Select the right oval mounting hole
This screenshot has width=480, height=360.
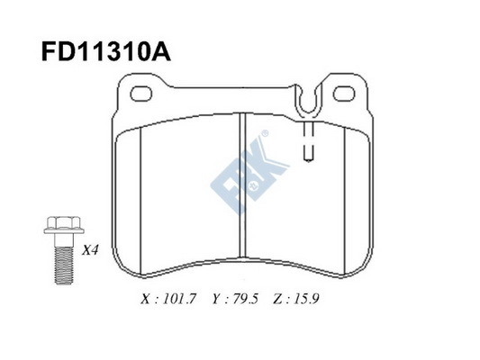(344, 94)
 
